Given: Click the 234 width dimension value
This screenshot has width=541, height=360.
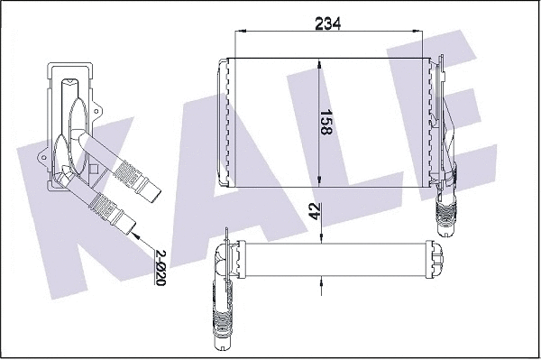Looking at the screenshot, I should [327, 24].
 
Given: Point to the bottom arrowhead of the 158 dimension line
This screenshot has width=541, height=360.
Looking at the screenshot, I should [320, 180].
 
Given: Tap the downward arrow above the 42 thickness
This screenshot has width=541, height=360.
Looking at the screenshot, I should [320, 235].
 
